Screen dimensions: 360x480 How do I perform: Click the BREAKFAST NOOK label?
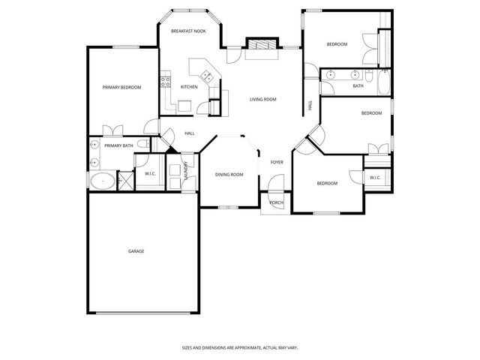(x=188, y=31)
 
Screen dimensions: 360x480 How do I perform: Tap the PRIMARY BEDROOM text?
(x=121, y=88)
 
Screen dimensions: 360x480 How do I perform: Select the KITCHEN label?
(x=189, y=87)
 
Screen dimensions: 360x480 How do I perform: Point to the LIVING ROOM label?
(x=263, y=99)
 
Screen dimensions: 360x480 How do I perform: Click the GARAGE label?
(x=136, y=250)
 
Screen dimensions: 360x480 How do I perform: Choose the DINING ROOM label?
(x=229, y=175)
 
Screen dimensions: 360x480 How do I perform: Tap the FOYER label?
(x=277, y=162)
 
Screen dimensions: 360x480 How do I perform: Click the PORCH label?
(x=277, y=202)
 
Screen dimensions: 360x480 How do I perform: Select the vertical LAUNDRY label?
(x=184, y=172)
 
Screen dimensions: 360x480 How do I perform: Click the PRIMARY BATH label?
(x=118, y=145)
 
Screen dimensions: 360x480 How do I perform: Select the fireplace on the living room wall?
(x=261, y=45)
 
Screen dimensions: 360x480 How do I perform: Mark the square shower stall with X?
(x=125, y=181)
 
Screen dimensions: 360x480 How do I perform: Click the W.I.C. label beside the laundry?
(x=148, y=175)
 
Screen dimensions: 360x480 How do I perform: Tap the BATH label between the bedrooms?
(x=358, y=86)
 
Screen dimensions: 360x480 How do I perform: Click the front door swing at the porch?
(x=276, y=183)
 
